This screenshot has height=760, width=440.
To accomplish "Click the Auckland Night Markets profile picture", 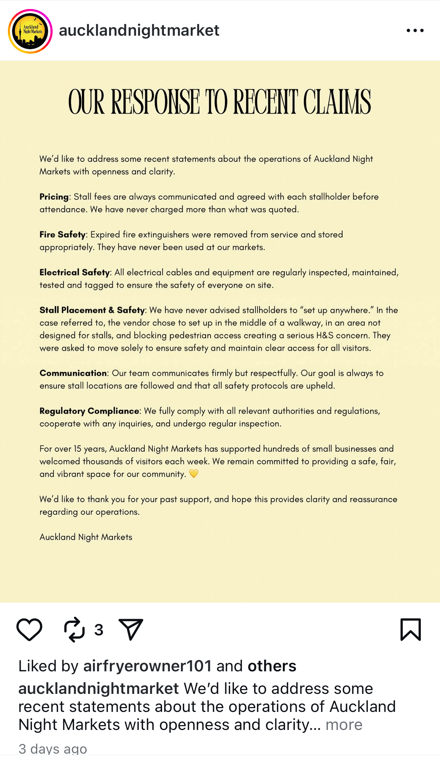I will click(30, 31).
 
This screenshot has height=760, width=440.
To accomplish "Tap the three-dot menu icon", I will click(415, 30).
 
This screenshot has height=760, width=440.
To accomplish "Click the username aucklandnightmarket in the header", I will click(139, 30).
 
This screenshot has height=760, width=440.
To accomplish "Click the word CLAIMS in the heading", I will click(337, 102).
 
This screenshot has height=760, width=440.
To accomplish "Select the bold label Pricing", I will click(54, 197).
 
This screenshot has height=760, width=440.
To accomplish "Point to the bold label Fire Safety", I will click(62, 235).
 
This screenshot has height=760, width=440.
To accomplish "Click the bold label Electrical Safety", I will click(74, 272).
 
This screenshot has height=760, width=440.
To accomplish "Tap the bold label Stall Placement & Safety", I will click(92, 310).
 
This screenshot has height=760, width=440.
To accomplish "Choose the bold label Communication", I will click(73, 373).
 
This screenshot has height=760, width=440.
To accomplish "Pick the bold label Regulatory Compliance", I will click(89, 411).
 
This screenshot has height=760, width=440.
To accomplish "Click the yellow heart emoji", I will click(194, 473).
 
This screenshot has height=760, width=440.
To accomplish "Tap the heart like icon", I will click(29, 629).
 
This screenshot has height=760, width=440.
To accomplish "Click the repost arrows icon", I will click(74, 629).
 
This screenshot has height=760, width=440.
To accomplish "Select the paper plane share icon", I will click(131, 629).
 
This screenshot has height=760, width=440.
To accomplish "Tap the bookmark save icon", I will click(411, 629).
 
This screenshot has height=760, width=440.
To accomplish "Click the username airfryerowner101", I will click(147, 666).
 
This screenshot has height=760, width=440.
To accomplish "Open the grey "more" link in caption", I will click(344, 725).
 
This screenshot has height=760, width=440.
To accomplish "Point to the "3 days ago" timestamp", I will click(53, 749).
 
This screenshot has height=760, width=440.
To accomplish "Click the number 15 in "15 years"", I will click(77, 449).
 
